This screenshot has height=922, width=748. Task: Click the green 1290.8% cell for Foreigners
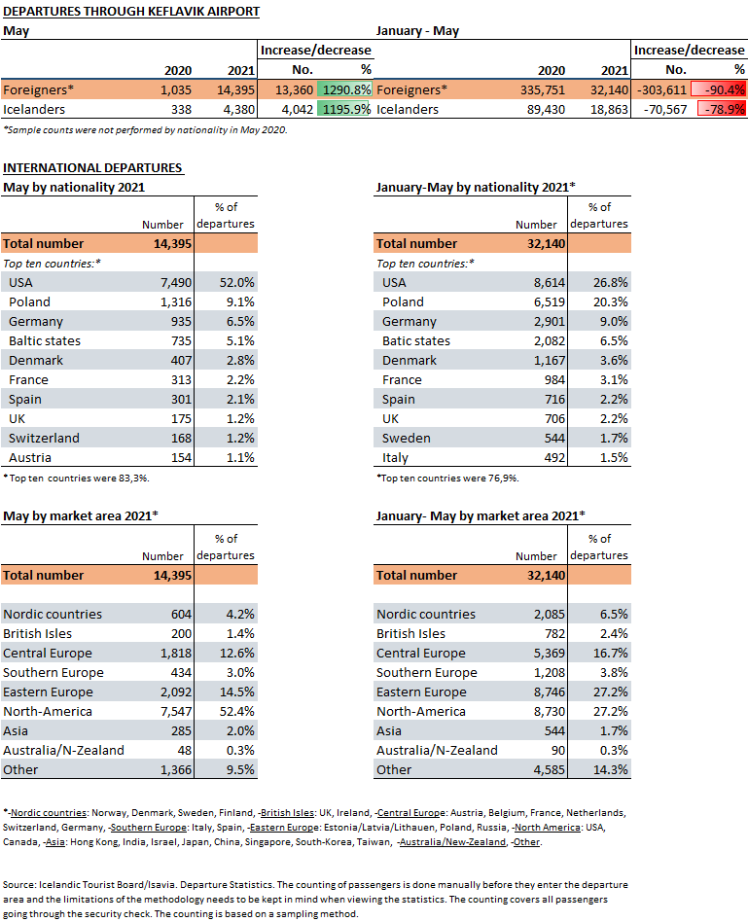coord(344,90)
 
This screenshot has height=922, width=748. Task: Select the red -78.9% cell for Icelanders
coord(722,109)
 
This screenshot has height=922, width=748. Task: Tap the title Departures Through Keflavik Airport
coord(131,12)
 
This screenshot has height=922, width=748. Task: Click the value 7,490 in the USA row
coord(176,283)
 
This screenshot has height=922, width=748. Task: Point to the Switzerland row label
coord(44,438)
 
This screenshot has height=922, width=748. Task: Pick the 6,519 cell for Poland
coord(550,302)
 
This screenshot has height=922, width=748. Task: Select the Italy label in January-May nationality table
coord(395,457)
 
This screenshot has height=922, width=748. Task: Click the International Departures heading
coord(92,168)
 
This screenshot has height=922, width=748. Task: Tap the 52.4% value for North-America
coord(237,712)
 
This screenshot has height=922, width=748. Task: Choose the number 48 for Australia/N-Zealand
coord(185,750)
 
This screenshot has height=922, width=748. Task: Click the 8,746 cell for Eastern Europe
coord(550,692)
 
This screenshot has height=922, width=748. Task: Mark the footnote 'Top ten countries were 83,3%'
coord(77,479)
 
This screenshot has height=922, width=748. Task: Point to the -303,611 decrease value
coord(661,90)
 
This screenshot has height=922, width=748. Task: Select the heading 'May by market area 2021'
coord(81,516)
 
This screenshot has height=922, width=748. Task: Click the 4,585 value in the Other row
coord(550,769)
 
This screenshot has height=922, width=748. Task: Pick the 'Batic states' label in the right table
coord(415,341)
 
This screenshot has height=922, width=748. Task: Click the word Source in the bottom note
coord(19,884)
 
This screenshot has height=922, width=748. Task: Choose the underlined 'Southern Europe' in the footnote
coord(149,828)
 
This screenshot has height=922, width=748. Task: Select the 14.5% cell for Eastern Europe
coord(237,692)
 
